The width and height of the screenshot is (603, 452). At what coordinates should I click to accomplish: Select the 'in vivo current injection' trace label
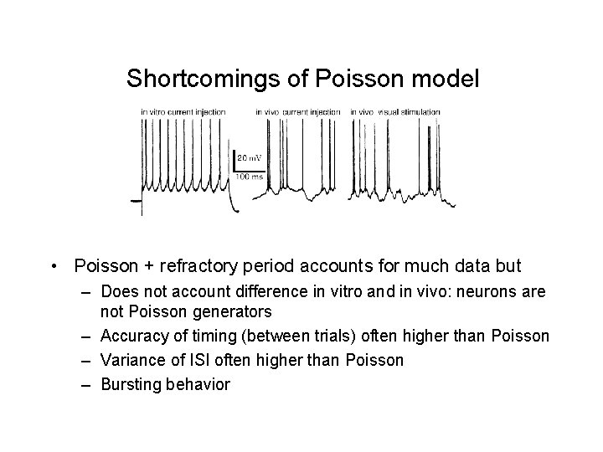pos(298,112)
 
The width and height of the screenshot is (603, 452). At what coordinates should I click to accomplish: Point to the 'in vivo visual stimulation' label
pos(397,112)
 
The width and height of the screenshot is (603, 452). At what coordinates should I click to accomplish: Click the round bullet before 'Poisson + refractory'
pos(54,267)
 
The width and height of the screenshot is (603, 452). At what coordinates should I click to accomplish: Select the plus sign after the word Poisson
pos(139,267)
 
